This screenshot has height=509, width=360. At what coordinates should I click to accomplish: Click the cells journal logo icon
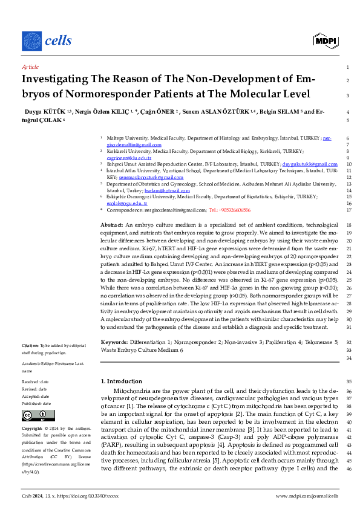click(x=32, y=41)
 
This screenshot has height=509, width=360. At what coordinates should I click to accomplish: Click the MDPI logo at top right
click(x=325, y=41)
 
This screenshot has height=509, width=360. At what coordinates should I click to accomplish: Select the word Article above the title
click(x=30, y=67)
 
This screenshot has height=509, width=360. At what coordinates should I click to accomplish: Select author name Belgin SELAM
click(x=281, y=112)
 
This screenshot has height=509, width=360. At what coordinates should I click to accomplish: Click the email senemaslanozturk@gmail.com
click(x=151, y=178)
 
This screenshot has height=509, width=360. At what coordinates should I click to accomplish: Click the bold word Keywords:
click(x=114, y=342)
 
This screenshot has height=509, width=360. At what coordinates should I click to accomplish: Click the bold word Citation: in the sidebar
click(x=30, y=344)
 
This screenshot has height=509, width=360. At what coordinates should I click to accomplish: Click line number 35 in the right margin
click(x=347, y=381)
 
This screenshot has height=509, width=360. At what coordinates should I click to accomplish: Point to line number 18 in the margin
click(x=347, y=224)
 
